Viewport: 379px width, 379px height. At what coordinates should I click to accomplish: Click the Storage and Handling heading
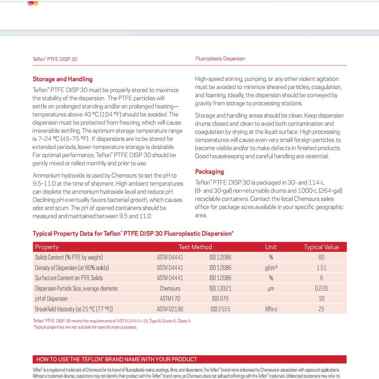pos(62,79)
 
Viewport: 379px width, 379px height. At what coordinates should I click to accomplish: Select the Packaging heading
pos(209,172)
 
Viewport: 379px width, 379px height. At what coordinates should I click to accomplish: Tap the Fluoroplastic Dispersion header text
pos(220,59)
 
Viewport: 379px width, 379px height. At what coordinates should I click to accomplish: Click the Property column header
pos(47,247)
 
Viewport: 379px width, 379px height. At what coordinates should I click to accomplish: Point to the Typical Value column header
pos(321,247)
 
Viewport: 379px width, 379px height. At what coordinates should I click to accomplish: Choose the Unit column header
pos(271,247)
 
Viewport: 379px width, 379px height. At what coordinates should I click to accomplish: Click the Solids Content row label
pos(69,257)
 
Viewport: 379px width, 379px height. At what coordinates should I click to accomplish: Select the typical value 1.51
pos(321,268)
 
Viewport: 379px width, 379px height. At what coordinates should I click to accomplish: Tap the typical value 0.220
pos(321,289)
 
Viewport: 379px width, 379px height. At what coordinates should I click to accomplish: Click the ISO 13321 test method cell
pos(220,289)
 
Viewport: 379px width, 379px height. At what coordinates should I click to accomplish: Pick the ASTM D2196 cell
pos(170,309)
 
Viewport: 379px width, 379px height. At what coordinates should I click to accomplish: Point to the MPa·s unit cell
pos(271,309)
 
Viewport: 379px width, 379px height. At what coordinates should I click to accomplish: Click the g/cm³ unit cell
pos(271,268)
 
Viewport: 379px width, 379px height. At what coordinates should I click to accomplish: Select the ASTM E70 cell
pos(170,299)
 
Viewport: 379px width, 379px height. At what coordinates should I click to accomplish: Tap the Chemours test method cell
pos(170,289)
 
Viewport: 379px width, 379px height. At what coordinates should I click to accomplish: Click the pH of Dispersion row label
pos(51,299)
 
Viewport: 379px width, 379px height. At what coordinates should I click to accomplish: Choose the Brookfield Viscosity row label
pos(74,309)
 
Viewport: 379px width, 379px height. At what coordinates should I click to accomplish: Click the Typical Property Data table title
pos(133,234)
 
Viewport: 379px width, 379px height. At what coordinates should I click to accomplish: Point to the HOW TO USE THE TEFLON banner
pos(189,359)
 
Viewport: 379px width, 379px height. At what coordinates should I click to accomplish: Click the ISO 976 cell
pos(220,299)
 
